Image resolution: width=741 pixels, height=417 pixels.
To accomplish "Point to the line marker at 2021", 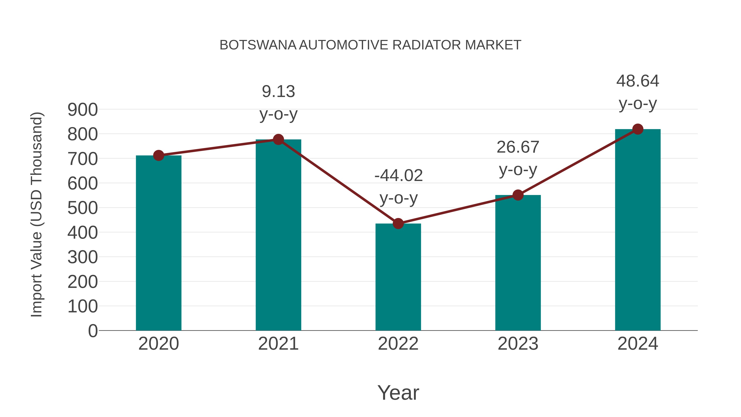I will pyautogui.click(x=278, y=140).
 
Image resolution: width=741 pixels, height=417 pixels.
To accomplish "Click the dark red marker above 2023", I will pyautogui.click(x=518, y=195).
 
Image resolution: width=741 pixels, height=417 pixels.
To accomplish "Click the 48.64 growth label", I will pyautogui.click(x=638, y=81).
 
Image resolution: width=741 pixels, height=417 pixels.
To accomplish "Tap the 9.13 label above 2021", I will pyautogui.click(x=278, y=91).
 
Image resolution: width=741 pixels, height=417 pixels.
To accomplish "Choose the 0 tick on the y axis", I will pyautogui.click(x=93, y=331).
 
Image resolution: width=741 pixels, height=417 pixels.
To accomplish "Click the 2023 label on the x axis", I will pyautogui.click(x=518, y=344).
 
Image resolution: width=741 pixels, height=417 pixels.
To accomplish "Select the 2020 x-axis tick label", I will pyautogui.click(x=158, y=344).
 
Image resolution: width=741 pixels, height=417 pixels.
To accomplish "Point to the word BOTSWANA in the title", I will pyautogui.click(x=258, y=45).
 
